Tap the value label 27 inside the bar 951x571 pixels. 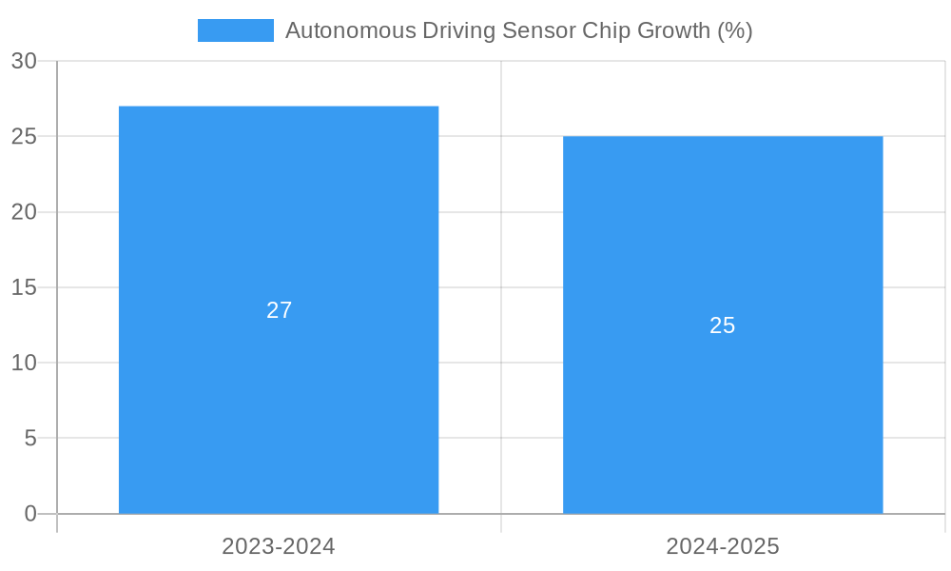click(279, 310)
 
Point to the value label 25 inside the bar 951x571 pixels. click(723, 325)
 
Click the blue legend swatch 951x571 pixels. click(235, 30)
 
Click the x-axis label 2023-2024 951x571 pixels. click(279, 546)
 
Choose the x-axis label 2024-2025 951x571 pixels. click(723, 546)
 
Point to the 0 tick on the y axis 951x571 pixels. click(29, 514)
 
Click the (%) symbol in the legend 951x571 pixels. click(734, 30)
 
